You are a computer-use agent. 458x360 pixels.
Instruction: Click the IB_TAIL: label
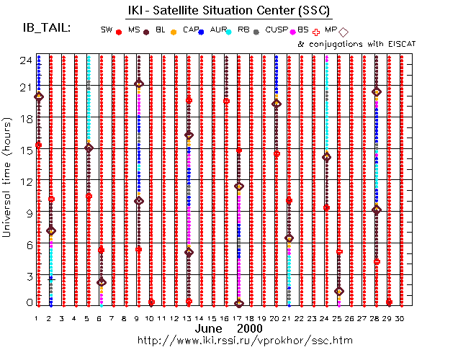[x=47, y=28]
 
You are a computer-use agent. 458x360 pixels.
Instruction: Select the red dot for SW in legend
[x=118, y=32]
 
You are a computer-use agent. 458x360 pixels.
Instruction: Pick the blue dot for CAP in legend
[x=202, y=32]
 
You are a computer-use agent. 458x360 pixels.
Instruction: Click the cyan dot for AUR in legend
[x=228, y=32]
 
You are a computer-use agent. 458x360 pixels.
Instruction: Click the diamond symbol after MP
[x=343, y=32]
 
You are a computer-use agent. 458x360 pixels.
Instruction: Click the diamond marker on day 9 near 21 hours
[x=139, y=84]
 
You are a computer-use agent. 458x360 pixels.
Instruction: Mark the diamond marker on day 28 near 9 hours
[x=377, y=210]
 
